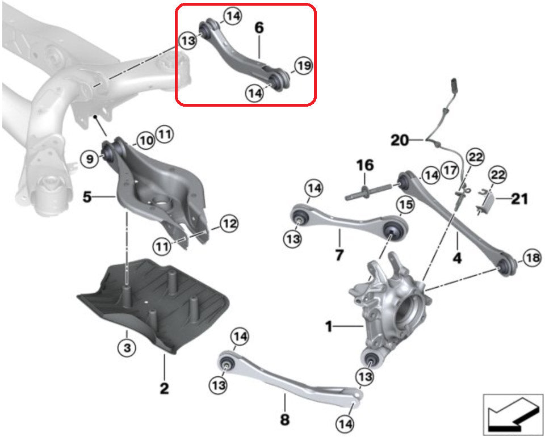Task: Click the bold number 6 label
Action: coord(259,27)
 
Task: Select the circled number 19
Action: coord(304,66)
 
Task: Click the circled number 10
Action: coord(145,140)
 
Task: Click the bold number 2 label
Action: coord(164,389)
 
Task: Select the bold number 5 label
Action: coord(87,198)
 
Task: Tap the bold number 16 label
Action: coord(365,166)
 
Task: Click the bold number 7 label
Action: coord(339,255)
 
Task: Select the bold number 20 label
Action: coord(400,140)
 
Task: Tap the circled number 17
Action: coord(450,170)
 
